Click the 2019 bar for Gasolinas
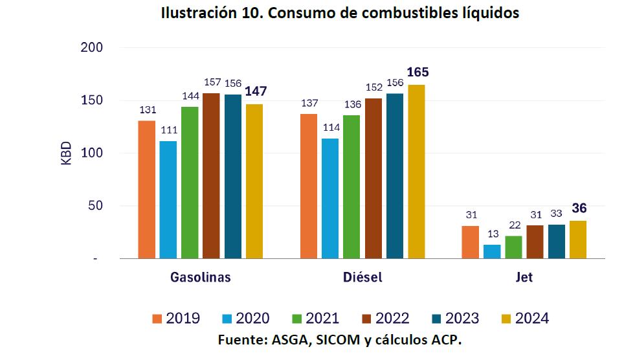click(x=147, y=190)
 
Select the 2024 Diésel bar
click(x=416, y=172)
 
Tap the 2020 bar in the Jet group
click(x=492, y=251)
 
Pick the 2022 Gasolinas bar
click(x=211, y=176)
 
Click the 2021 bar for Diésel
click(x=351, y=187)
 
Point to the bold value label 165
click(x=418, y=72)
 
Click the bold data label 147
click(x=255, y=91)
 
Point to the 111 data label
click(x=169, y=129)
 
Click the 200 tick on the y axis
click(x=91, y=48)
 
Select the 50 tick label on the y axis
click(x=94, y=206)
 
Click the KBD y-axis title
click(x=67, y=153)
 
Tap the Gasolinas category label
click(x=201, y=278)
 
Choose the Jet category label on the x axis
click(x=524, y=278)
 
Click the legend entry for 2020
click(x=245, y=319)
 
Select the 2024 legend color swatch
click(x=506, y=319)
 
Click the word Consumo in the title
click(x=302, y=14)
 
